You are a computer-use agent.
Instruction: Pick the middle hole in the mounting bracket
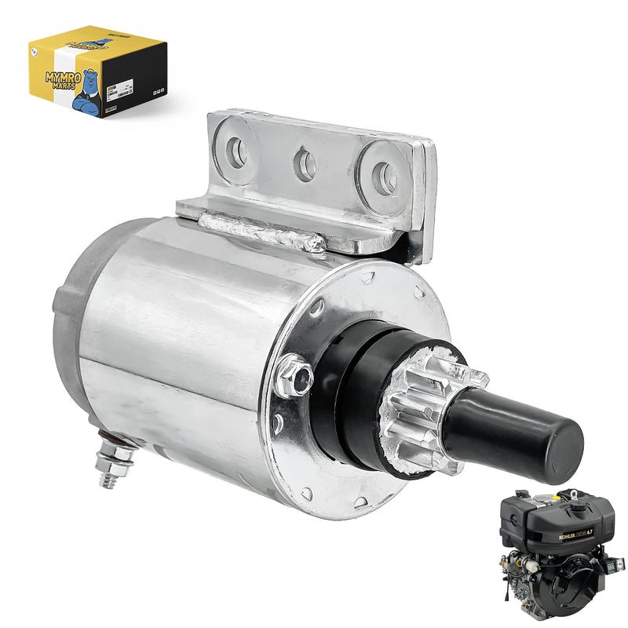coord(305,165)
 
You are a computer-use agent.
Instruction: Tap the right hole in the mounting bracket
coord(384,178)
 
